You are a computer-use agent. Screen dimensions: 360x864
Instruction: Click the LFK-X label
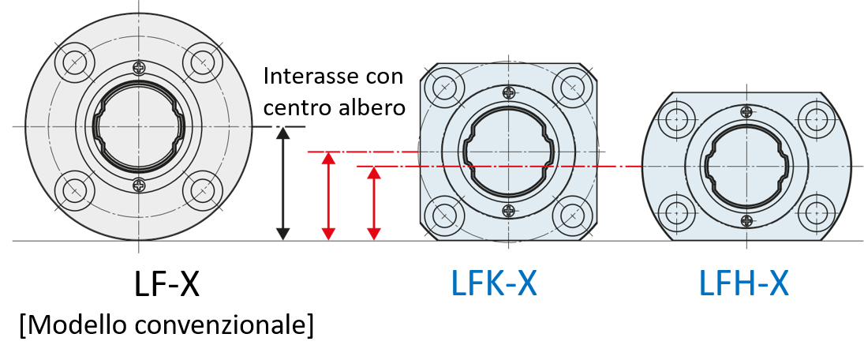[494, 284]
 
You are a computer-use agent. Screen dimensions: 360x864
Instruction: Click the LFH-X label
[743, 284]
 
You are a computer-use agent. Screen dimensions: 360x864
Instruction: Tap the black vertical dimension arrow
[282, 183]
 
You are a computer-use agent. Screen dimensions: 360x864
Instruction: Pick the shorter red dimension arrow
[374, 203]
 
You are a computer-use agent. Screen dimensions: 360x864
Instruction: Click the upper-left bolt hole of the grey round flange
[75, 62]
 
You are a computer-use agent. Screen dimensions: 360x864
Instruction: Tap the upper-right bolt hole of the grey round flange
[203, 62]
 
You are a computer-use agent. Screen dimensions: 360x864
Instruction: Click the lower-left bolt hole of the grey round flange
[75, 190]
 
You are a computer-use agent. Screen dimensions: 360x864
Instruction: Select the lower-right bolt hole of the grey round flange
[203, 190]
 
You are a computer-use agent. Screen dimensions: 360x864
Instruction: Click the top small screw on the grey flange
[139, 68]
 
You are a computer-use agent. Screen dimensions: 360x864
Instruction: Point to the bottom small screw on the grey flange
[139, 186]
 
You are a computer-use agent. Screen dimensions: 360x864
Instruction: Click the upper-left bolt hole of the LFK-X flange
[444, 87]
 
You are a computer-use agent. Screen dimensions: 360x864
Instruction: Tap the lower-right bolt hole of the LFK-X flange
[573, 216]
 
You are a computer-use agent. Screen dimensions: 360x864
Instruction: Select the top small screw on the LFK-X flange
[509, 92]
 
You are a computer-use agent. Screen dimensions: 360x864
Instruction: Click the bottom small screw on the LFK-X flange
[509, 211]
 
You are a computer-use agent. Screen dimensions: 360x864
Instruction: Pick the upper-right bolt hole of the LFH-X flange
[817, 120]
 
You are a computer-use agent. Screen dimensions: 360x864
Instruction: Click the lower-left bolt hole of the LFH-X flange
[677, 212]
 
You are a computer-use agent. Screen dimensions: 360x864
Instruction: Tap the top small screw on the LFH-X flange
[746, 112]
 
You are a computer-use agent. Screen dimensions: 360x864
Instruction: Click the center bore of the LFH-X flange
[746, 166]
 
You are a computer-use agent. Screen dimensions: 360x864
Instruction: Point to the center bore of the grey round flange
[139, 126]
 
